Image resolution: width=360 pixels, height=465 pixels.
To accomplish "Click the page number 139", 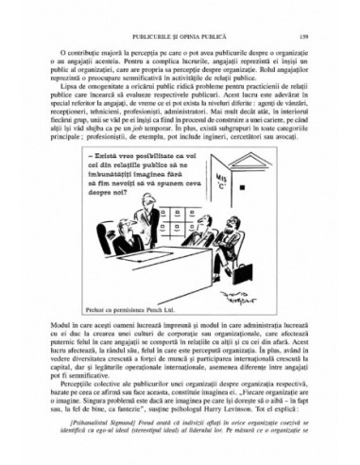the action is (305, 35).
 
